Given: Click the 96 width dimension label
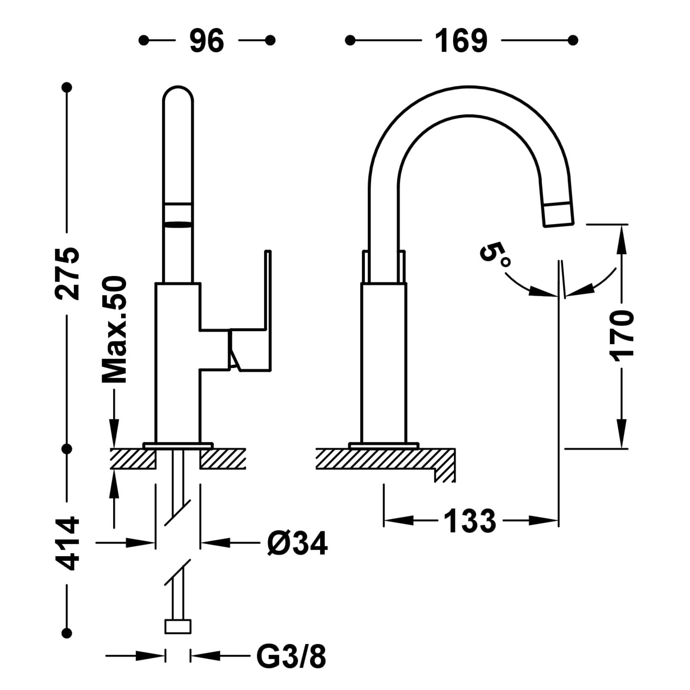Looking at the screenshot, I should click(207, 40).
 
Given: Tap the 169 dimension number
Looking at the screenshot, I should click(461, 40).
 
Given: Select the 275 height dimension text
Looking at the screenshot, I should click(67, 273).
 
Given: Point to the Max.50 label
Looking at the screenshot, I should click(114, 329).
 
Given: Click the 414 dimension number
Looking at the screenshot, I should click(67, 543).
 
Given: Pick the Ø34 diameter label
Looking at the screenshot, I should click(297, 543).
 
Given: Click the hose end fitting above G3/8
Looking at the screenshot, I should click(178, 626).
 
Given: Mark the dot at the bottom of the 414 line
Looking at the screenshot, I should click(67, 632).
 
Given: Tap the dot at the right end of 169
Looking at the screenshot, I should click(573, 40).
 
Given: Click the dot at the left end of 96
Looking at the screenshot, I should click(144, 40).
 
